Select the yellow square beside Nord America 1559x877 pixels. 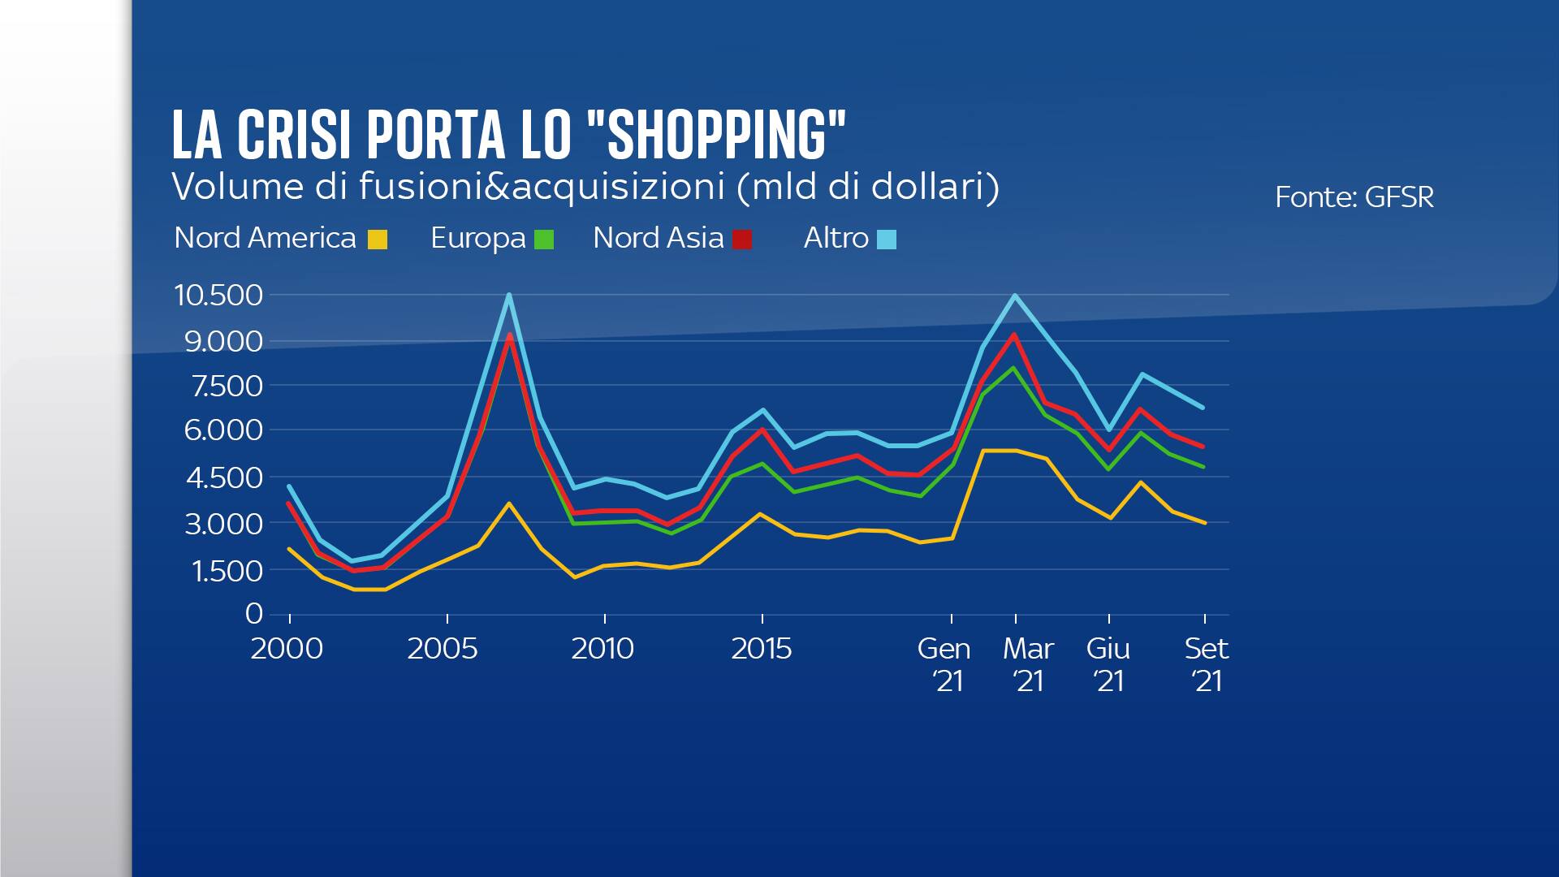378,240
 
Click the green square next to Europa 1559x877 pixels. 544,240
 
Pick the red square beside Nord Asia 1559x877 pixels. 742,240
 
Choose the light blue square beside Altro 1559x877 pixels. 887,240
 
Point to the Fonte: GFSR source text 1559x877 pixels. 1354,197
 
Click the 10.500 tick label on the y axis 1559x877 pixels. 218,295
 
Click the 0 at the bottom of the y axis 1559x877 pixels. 254,613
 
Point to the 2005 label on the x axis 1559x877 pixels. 443,648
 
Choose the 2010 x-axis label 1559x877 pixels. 602,648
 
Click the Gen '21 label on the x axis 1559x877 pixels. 944,664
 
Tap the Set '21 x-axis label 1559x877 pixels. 1207,664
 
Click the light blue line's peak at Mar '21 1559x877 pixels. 1015,296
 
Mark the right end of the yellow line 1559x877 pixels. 1204,523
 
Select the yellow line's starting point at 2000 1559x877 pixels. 289,549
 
